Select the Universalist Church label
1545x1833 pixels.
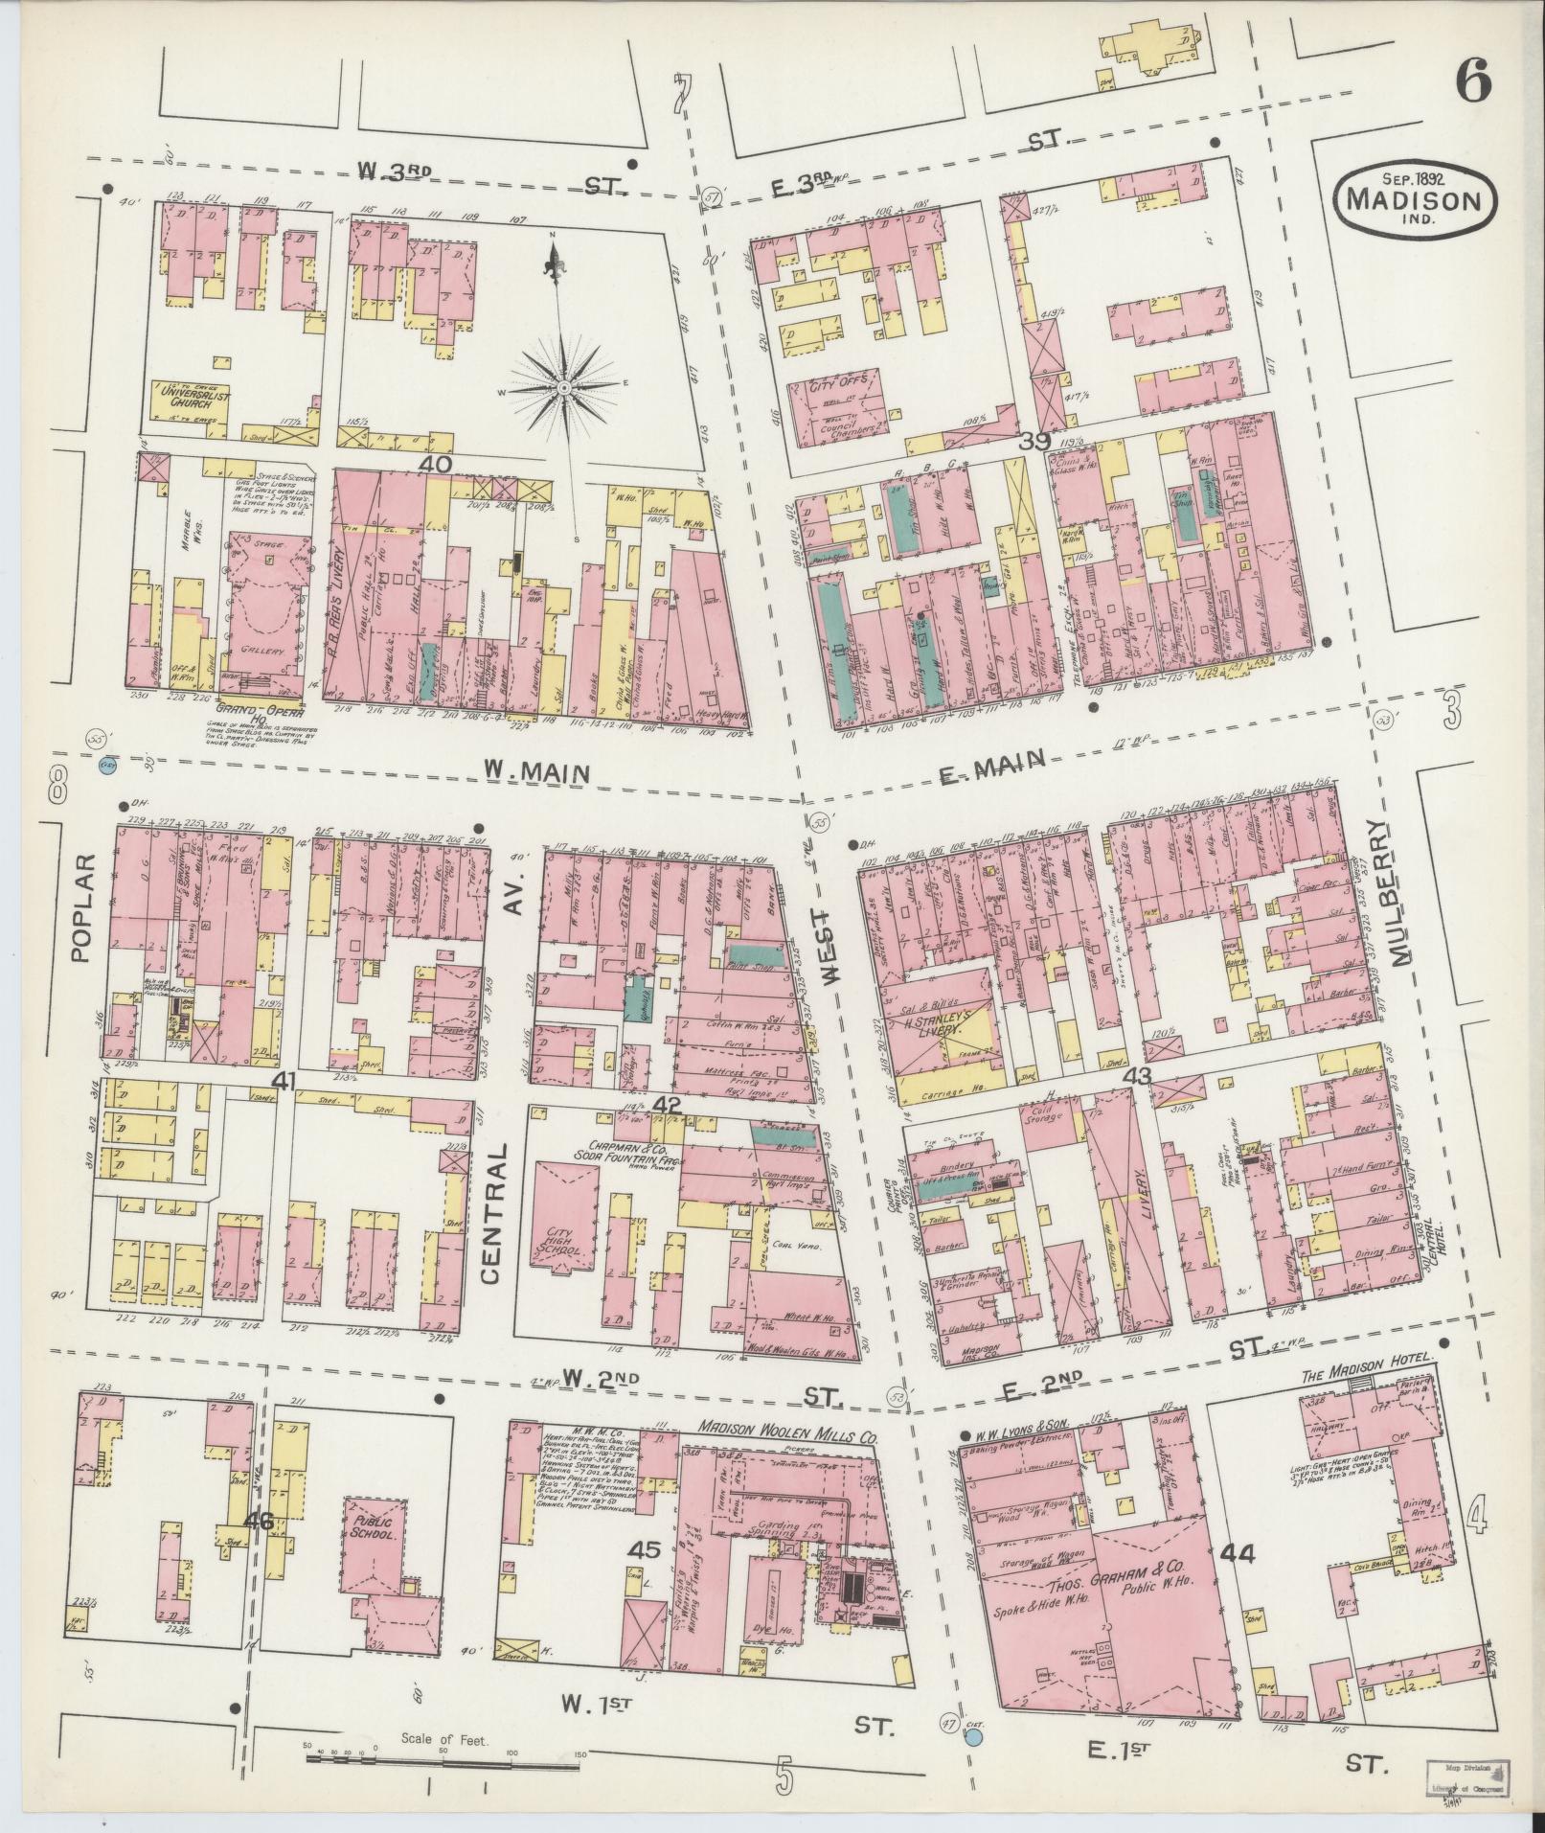188,396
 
